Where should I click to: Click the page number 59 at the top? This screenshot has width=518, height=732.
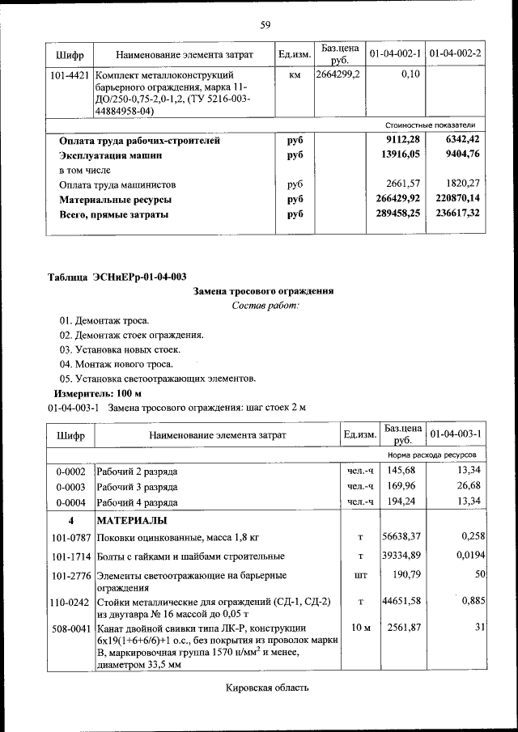pyautogui.click(x=265, y=25)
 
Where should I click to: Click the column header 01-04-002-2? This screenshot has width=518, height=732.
pyautogui.click(x=456, y=54)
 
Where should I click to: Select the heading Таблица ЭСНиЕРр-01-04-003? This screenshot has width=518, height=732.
pyautogui.click(x=117, y=277)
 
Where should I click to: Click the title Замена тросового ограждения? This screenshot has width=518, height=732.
pyautogui.click(x=264, y=291)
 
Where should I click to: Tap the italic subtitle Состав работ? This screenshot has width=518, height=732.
pyautogui.click(x=265, y=306)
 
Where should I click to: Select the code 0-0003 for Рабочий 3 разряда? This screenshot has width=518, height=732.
pyautogui.click(x=70, y=486)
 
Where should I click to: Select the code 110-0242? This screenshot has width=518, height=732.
pyautogui.click(x=70, y=602)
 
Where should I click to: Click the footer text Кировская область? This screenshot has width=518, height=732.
pyautogui.click(x=265, y=688)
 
